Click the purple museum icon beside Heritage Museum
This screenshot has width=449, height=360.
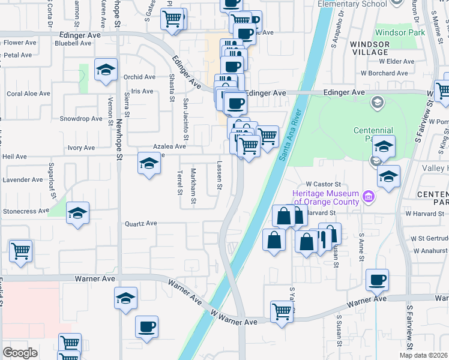pos(369,196)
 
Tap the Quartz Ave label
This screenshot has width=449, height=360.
pos(140,224)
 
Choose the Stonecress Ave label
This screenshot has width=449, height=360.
pos(26,211)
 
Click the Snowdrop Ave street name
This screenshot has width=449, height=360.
pos(81,119)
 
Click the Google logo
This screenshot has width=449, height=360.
pos(19,353)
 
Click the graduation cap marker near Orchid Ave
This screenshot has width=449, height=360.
pos(106,71)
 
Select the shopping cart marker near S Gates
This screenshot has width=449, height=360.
pos(173,19)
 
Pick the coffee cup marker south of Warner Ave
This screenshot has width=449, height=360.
pos(146,327)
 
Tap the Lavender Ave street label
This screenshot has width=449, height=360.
pos(23,179)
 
